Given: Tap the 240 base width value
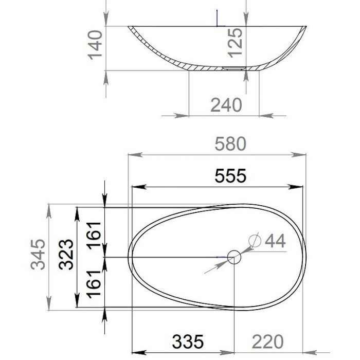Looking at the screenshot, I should (x=226, y=105).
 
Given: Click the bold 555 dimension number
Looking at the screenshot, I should (x=230, y=176).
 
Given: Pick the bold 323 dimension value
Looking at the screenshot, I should (x=66, y=255).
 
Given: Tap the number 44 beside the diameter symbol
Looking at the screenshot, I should (x=275, y=240).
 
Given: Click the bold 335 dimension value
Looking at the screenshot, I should (x=188, y=341).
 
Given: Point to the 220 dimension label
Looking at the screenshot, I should (x=267, y=341).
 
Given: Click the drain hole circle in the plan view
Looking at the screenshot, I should (x=234, y=257).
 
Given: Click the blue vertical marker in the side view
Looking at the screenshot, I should (x=218, y=18).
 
